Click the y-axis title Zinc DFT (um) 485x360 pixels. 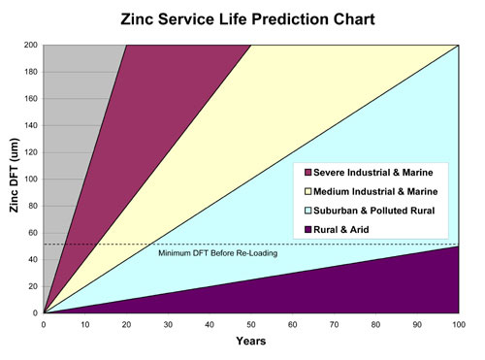coord(14,180)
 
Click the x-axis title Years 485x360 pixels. coord(249,343)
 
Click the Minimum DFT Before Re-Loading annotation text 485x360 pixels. coord(217,253)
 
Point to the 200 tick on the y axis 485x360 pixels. coord(30,46)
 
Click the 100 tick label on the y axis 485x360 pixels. coord(30,180)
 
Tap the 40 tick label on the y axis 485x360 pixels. coord(32,260)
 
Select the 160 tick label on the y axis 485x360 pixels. coord(30,99)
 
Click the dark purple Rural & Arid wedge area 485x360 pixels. coord(369,291)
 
